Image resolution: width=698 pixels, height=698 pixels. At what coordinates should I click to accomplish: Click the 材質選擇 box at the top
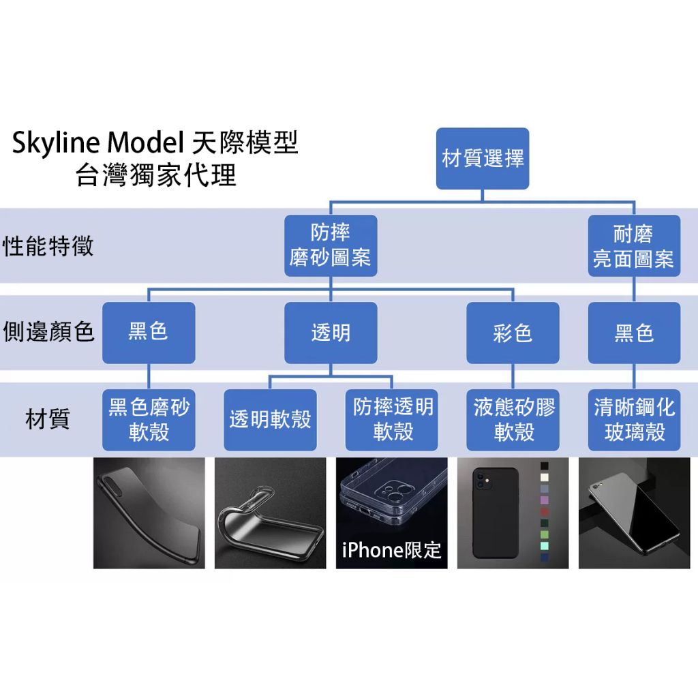483,159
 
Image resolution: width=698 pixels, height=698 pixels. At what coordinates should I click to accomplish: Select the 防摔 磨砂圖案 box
331,245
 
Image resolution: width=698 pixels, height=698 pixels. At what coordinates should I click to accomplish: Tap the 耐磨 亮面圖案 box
634,245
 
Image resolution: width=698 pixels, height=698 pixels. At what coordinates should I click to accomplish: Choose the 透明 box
331,333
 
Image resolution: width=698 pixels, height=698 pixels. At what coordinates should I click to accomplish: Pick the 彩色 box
513,333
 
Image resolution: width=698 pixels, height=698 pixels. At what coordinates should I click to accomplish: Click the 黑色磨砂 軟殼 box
149,420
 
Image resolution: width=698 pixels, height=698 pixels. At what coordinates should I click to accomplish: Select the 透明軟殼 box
270,420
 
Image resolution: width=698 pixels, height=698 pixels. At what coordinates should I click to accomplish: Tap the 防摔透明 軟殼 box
392,420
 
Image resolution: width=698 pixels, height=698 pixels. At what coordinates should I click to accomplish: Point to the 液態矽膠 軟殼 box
513,420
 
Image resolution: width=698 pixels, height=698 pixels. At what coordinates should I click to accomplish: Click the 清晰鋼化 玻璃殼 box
634,420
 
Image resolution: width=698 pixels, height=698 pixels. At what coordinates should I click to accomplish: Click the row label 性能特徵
48,246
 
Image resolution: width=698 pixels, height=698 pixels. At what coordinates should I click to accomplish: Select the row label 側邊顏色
48,332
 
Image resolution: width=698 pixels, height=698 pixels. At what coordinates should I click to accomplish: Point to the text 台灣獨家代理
156,175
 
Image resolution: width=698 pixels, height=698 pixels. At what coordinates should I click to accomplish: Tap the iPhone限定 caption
392,550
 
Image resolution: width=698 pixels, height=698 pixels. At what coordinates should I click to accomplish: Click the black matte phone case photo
149,513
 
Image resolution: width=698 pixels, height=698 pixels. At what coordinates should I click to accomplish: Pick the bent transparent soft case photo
270,513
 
